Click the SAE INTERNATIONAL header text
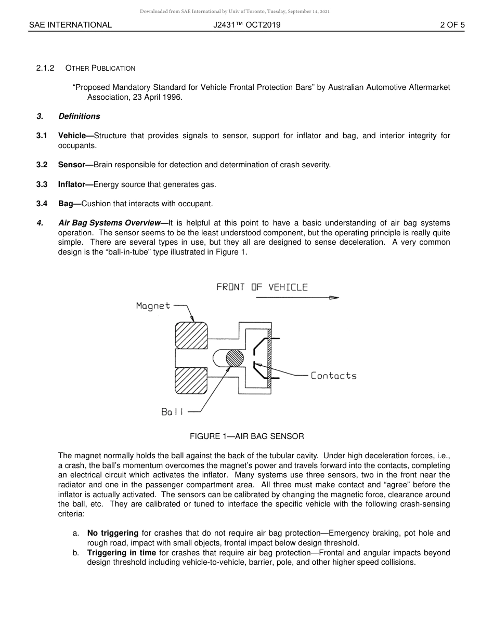(x=70, y=24)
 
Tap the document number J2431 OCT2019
(x=246, y=24)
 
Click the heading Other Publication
(x=100, y=68)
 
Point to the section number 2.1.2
(x=45, y=68)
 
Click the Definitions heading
(x=79, y=116)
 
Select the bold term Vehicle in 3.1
(x=72, y=136)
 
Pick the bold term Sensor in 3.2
(x=72, y=165)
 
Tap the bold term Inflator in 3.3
(x=72, y=184)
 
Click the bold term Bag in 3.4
(x=67, y=204)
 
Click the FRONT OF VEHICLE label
(x=262, y=287)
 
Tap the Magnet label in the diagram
(x=153, y=305)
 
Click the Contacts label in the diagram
(x=333, y=376)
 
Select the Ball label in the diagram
(x=172, y=412)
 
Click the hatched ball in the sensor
(x=235, y=358)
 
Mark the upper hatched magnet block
(x=191, y=336)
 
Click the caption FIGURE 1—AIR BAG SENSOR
(x=246, y=436)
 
